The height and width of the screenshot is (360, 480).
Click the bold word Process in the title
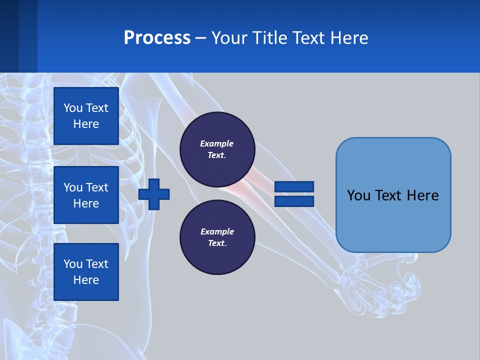click(157, 38)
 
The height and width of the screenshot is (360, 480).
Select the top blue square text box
click(86, 116)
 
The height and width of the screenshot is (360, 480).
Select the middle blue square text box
click(86, 195)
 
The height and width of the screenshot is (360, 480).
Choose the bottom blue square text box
click(86, 272)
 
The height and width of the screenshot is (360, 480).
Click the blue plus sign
click(154, 194)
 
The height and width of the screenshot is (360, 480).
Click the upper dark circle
click(217, 149)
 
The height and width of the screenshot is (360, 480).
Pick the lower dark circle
click(217, 237)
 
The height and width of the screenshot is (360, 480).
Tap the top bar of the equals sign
click(294, 186)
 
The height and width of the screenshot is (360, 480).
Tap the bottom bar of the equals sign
click(294, 201)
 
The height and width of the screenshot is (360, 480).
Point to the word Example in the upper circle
click(217, 143)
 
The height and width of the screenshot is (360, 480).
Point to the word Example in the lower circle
click(217, 231)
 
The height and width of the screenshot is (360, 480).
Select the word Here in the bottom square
click(86, 280)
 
